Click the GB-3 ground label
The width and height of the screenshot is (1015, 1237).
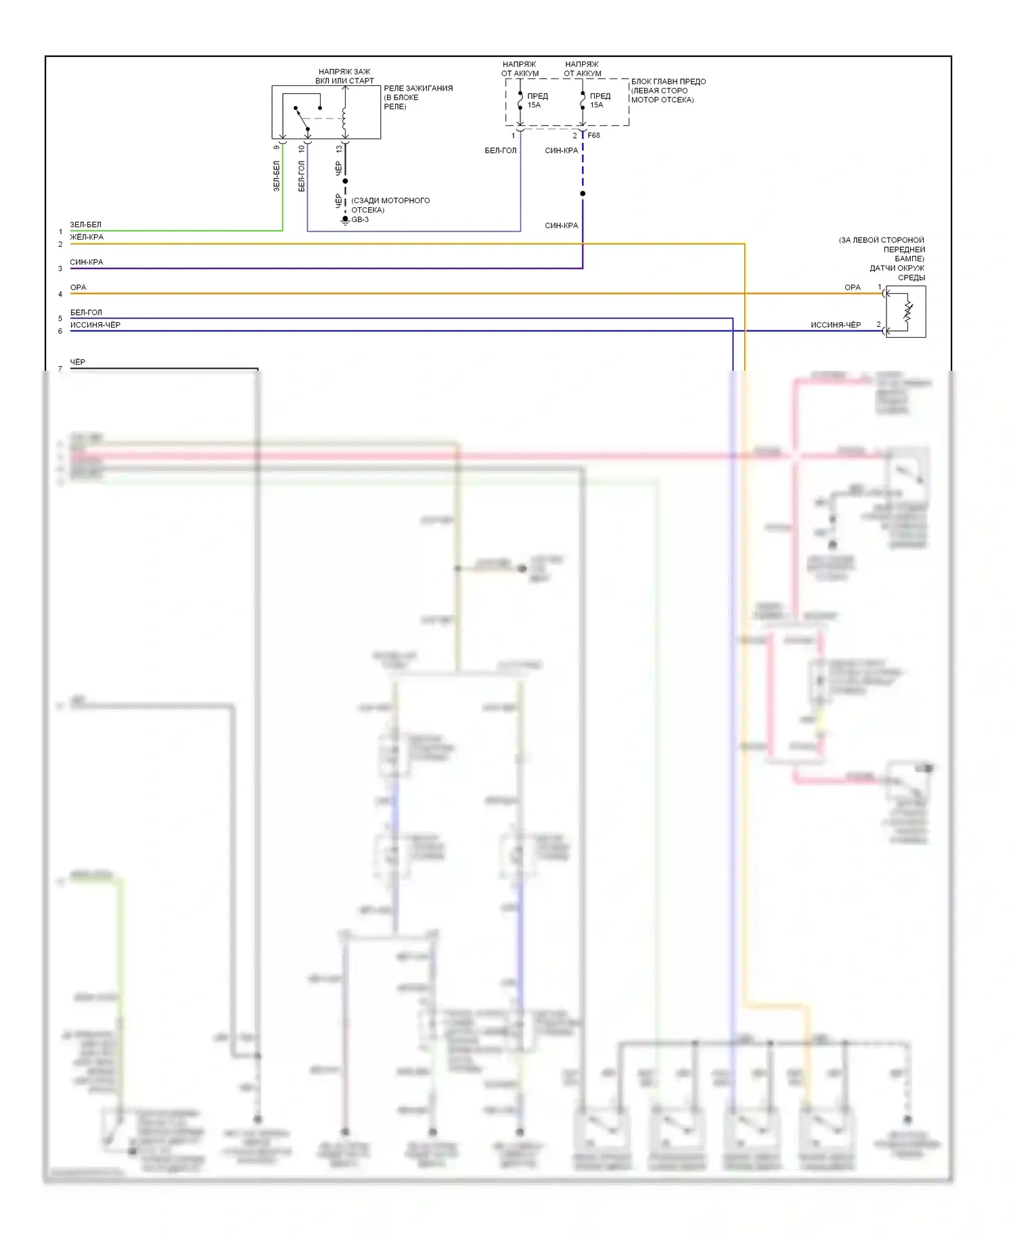coord(360,219)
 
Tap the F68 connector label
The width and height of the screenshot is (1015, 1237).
coord(593,135)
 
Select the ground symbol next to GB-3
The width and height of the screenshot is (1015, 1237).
coord(345,221)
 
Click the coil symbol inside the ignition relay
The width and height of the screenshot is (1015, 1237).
coord(344,120)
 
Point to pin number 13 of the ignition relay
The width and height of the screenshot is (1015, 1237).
coord(339,149)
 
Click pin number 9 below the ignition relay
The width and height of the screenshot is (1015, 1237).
coord(276,147)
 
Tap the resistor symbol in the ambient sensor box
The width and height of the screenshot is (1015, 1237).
coord(907,312)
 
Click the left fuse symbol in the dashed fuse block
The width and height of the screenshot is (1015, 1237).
coord(520,101)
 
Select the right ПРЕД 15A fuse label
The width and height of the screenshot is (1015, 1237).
coord(600,100)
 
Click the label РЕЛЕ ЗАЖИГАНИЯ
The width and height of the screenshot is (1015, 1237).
coord(418,88)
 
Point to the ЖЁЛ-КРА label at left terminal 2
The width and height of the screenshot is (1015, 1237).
coord(87,237)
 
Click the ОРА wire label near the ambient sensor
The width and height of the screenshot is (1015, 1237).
coord(852,287)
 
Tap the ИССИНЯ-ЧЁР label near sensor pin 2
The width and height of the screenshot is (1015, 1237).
coord(836,325)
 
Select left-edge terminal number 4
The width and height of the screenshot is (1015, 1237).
coord(60,294)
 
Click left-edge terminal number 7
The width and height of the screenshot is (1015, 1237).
coord(60,369)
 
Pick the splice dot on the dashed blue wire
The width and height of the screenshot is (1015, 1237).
coord(583,194)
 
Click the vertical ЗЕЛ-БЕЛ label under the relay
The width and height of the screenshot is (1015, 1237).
coord(276,176)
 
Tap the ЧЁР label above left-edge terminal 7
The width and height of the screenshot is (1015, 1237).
coord(78,362)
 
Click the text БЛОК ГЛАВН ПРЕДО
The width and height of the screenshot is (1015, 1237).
coord(668,81)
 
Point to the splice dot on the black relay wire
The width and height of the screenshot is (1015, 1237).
coord(345,181)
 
